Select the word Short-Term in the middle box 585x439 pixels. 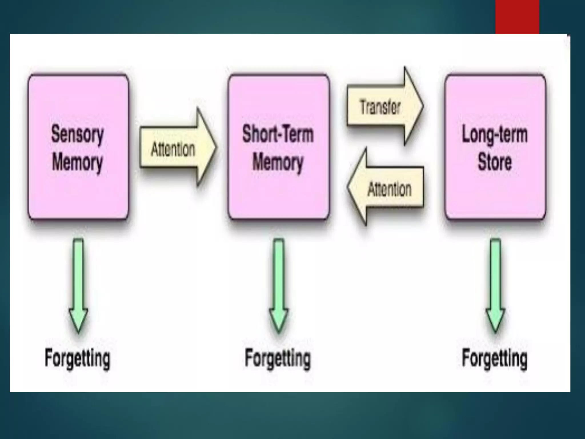click(278, 134)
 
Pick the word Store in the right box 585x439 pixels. click(495, 162)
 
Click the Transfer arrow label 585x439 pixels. click(380, 107)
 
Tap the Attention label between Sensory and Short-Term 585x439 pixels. click(173, 149)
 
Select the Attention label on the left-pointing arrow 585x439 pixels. click(390, 189)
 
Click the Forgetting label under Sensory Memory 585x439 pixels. click(77, 358)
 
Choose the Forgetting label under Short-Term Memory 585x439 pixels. click(278, 358)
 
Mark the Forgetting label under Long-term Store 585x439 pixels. click(495, 358)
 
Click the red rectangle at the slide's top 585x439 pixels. click(517, 17)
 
